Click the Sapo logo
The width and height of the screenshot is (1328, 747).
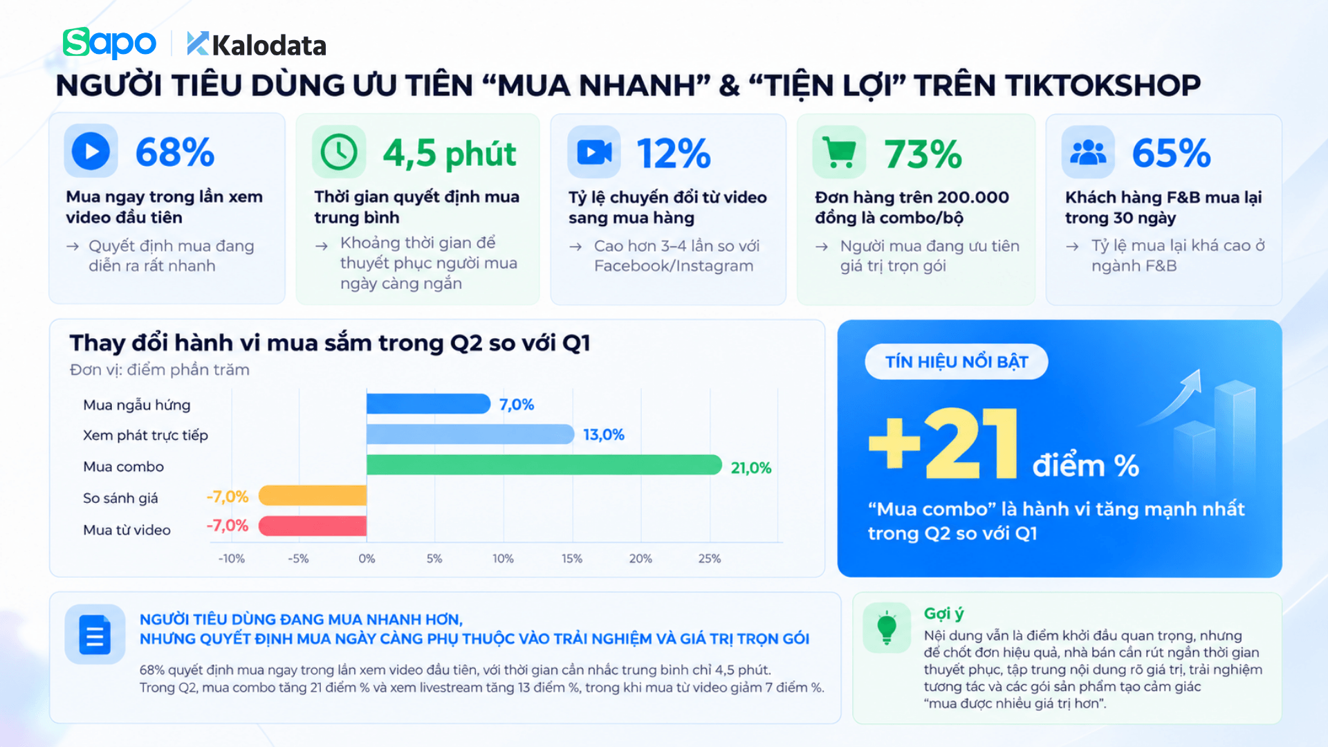coord(109,43)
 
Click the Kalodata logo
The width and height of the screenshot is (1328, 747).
coord(256,45)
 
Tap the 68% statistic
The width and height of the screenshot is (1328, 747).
coord(175,152)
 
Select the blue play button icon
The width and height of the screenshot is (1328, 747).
coord(91,151)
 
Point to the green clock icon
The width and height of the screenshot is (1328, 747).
coord(339,151)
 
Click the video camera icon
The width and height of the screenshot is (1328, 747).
coord(594,152)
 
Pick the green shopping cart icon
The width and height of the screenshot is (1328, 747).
coord(840,152)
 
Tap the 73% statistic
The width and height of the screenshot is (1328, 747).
coord(923,154)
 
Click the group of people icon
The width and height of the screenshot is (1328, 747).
coord(1088,152)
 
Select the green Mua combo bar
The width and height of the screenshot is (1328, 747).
coord(544,465)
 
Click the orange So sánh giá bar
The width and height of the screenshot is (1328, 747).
coord(313,495)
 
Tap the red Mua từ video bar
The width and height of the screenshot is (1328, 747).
coord(313,526)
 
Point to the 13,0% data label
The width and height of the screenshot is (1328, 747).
coord(604,434)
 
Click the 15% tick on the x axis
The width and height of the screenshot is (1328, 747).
coord(572,558)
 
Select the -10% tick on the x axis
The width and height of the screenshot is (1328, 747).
coord(232,558)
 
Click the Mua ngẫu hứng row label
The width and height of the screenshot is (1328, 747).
coord(137,405)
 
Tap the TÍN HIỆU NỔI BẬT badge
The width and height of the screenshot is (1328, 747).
coord(957,362)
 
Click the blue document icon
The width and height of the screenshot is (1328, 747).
coord(95,634)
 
